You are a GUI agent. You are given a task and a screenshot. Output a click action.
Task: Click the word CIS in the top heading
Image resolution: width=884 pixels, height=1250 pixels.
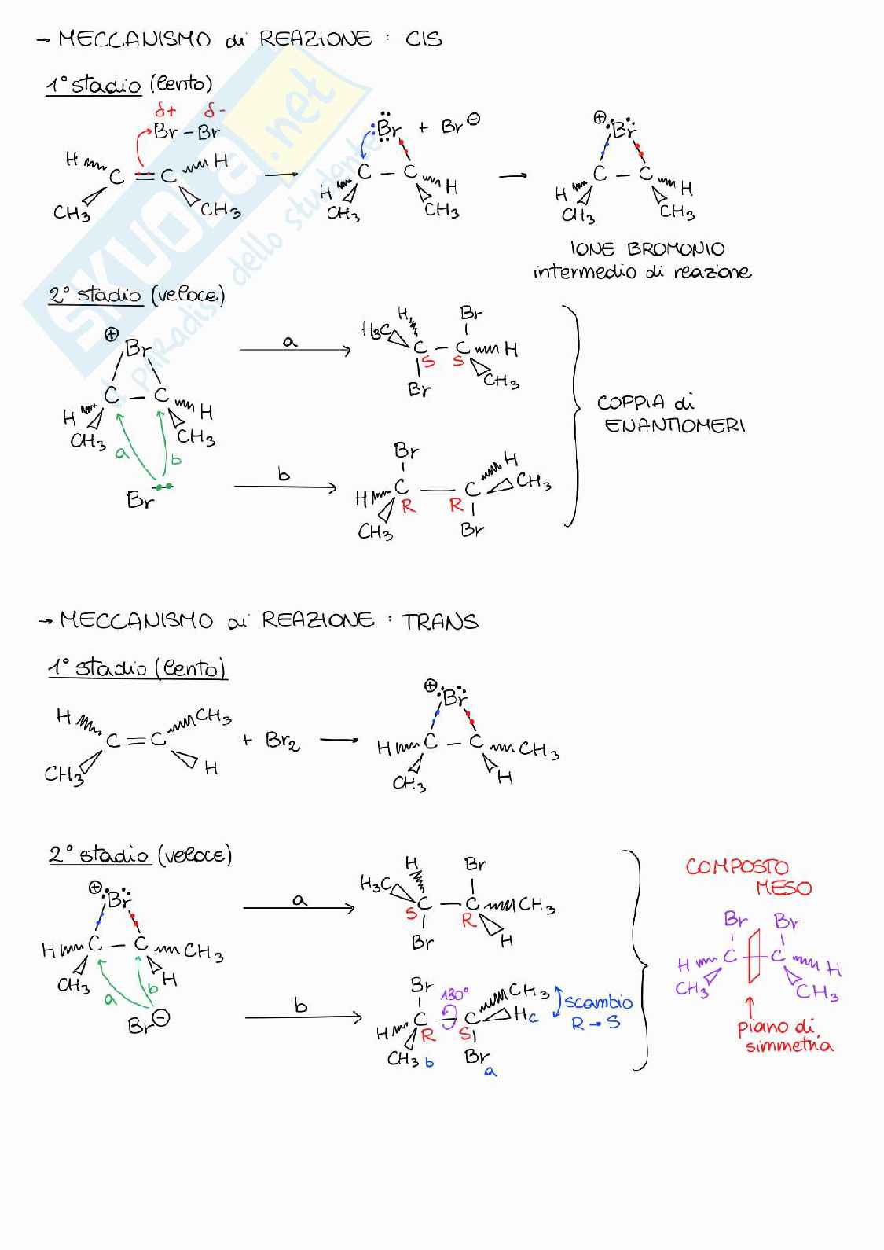pos(424,39)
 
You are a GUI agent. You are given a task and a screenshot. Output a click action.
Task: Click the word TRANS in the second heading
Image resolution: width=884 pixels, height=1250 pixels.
pos(440,622)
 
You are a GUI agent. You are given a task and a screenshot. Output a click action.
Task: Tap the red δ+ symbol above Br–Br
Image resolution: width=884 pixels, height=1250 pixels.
pos(166,111)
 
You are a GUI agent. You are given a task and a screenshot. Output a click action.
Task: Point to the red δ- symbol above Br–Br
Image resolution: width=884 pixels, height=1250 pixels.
pos(215,111)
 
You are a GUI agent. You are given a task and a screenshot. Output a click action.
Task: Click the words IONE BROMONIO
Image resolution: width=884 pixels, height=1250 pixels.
pos(647,249)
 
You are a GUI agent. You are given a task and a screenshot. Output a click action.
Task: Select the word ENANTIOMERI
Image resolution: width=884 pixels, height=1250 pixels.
pos(675,425)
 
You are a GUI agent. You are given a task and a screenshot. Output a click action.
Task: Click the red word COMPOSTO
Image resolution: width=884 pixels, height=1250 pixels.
pos(736,866)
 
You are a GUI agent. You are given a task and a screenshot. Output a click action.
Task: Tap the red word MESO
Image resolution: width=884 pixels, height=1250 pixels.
pos(783,888)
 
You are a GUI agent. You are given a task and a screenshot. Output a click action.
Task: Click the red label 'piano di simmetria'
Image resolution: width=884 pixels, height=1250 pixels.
pos(786,1036)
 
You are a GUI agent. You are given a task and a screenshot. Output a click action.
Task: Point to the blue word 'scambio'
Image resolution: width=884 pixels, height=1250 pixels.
pos(599,1002)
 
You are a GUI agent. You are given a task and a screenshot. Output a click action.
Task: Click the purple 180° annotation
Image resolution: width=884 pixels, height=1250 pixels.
pos(454,994)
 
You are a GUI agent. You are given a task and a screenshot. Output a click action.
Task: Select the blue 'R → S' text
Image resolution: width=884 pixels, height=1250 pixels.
pos(596,1023)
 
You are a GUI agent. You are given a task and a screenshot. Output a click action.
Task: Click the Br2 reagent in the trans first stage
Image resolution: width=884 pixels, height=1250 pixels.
pos(282,741)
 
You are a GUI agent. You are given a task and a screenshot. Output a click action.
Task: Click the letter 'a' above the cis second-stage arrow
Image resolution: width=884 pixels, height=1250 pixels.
pos(290,340)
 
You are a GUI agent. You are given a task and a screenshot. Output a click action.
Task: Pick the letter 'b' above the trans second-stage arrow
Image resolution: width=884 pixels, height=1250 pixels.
pos(300,1006)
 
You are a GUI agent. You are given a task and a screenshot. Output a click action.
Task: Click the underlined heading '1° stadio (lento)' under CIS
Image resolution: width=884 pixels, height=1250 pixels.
pos(129,84)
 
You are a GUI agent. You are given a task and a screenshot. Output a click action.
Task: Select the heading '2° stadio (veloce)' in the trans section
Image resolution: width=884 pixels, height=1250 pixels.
pos(140,855)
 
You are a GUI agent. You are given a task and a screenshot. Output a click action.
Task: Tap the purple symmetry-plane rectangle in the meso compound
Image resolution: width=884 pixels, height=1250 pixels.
pos(755,956)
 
